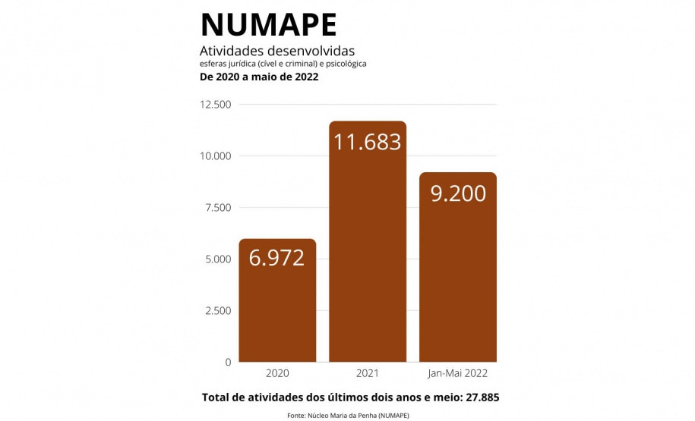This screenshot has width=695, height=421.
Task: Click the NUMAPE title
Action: click(268, 24)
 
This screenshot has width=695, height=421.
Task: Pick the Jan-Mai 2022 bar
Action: click(458, 288)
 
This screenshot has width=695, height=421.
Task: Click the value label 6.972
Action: click(277, 258)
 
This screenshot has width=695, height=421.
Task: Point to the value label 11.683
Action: click(368, 141)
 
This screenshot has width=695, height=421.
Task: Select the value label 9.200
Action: click(458, 193)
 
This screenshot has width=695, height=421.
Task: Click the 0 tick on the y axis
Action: click(227, 363)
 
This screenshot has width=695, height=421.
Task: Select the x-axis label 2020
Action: click(277, 374)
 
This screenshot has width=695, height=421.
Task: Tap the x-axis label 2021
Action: click(368, 374)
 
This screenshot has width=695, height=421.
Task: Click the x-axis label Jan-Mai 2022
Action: click(458, 374)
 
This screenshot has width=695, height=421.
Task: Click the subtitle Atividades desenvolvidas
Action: click(271, 50)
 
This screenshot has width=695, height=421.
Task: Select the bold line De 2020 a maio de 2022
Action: click(258, 77)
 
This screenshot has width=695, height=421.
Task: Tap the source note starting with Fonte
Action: click(348, 416)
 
